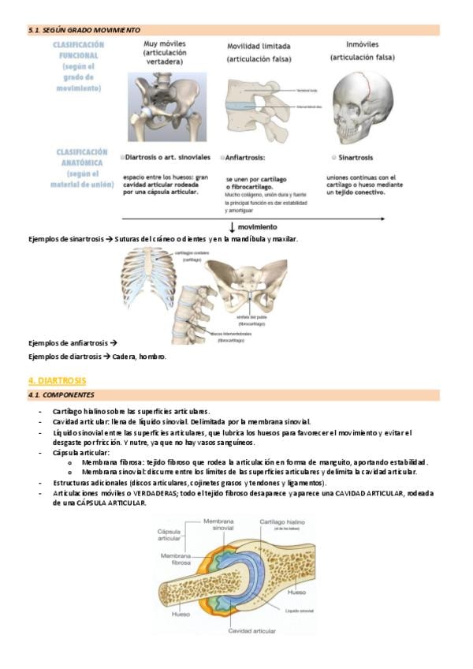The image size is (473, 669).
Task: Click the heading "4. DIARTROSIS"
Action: pyautogui.click(x=58, y=380)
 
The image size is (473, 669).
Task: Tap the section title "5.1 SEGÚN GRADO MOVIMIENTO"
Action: pyautogui.click(x=85, y=29)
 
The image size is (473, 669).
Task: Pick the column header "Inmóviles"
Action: pyautogui.click(x=362, y=44)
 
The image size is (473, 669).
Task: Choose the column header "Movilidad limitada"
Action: pyautogui.click(x=258, y=47)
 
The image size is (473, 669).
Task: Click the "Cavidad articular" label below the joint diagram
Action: pyautogui.click(x=251, y=631)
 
